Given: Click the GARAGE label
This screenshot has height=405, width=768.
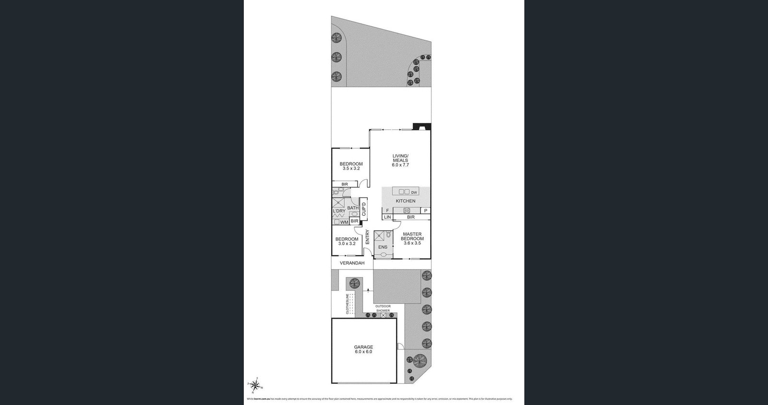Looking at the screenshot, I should (x=363, y=347).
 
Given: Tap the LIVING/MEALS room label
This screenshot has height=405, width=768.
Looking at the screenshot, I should (x=400, y=158).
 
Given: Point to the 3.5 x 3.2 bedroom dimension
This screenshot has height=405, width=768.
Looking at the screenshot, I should (x=351, y=169).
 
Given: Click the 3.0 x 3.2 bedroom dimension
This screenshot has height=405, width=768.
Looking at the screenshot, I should (x=347, y=243).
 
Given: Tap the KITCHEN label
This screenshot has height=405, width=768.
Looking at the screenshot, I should (x=406, y=201).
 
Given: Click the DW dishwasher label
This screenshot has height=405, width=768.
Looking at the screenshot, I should (x=414, y=192).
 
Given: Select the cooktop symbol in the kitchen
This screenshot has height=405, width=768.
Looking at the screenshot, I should (x=406, y=210).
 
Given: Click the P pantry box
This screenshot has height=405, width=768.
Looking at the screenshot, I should (x=425, y=210).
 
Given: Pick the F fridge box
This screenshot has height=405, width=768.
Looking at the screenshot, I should (x=387, y=210).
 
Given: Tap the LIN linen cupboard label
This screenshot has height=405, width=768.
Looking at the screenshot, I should (x=387, y=217).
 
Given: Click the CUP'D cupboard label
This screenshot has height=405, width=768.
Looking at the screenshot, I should (x=363, y=209).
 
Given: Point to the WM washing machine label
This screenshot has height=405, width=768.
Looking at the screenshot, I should (x=344, y=222).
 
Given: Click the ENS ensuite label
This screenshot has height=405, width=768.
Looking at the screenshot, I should (x=383, y=247).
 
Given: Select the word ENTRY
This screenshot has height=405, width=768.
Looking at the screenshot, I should (x=368, y=237).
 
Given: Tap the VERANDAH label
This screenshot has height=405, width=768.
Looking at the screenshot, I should (x=352, y=263).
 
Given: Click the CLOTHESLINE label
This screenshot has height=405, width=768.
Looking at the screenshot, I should (x=347, y=304).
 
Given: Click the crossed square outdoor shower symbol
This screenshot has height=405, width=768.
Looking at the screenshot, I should (x=383, y=315).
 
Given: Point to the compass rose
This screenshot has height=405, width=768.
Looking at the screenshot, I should (x=255, y=385).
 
